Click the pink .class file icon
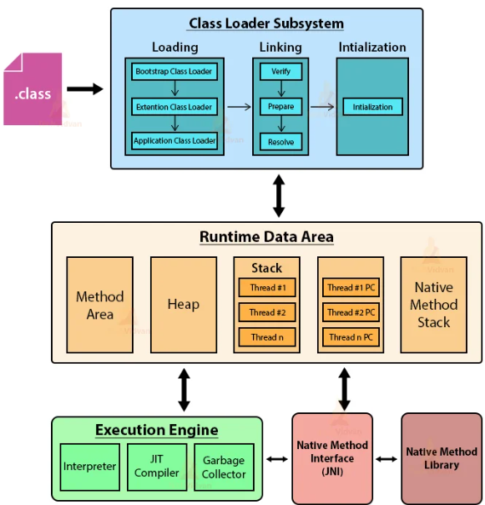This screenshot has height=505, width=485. (33, 89)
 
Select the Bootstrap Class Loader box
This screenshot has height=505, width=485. (174, 72)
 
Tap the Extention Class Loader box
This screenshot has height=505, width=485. (174, 107)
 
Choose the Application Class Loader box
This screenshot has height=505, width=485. (174, 141)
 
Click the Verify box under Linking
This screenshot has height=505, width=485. (280, 72)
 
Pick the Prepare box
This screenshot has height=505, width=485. (280, 107)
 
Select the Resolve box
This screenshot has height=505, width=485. (280, 141)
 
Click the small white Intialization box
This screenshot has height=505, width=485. (372, 107)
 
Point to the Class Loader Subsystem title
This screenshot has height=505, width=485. (265, 23)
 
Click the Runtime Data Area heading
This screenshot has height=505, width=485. (266, 237)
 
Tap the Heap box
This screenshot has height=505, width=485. (183, 304)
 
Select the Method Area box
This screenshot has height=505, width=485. (99, 304)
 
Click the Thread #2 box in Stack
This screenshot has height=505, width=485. (266, 312)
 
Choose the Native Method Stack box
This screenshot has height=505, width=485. (433, 304)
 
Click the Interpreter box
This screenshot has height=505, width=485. (89, 467)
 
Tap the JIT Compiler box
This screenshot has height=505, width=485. (157, 467)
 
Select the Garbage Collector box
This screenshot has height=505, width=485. (224, 467)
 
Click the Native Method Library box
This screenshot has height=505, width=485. (442, 457)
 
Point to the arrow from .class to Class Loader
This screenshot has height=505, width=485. (84, 88)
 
